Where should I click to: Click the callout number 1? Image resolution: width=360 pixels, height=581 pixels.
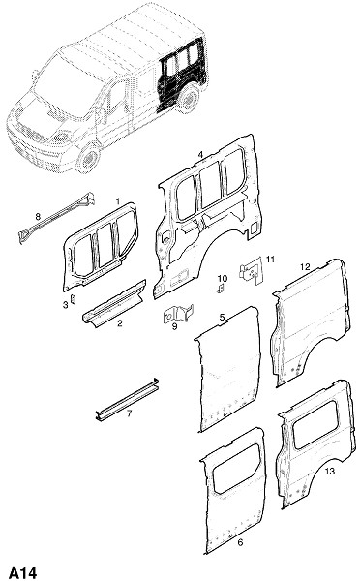[x=118, y=201]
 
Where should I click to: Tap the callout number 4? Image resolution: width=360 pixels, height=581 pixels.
[x=200, y=155]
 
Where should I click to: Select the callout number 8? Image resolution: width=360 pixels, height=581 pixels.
[x=38, y=216]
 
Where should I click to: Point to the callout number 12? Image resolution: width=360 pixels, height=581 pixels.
[x=305, y=267]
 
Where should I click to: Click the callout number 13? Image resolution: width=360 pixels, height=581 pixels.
[x=330, y=471]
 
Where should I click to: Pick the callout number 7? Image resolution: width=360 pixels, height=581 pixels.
[x=130, y=413]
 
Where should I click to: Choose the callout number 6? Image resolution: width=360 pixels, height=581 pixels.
[x=240, y=543]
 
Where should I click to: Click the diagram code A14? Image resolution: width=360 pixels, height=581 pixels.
[x=23, y=573]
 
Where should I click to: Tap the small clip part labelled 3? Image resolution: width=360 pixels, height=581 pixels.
[x=73, y=298]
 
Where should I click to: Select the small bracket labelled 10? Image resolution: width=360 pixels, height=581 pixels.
[x=221, y=289]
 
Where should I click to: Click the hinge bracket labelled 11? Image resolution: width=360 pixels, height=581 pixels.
[x=252, y=271]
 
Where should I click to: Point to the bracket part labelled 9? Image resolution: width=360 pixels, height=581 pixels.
[x=178, y=314]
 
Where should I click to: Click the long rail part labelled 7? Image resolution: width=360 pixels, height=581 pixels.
[x=127, y=399]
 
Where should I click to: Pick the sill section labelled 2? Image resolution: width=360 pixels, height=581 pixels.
[x=114, y=303]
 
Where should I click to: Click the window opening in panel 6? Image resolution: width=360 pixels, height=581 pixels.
[x=235, y=469]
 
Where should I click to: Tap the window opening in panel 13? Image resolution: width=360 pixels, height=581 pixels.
[x=316, y=425]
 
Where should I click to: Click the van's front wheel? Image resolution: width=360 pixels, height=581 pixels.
[x=89, y=159]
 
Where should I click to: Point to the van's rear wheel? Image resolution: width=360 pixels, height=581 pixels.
[x=190, y=98]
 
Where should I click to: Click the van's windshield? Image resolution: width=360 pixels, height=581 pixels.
[x=67, y=86]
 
